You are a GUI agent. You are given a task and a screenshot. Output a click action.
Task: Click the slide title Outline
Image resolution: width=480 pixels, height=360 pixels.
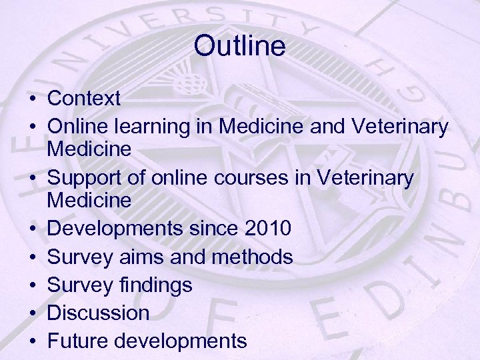click(240, 46)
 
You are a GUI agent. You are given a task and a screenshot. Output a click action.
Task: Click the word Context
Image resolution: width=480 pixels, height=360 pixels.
click(85, 99)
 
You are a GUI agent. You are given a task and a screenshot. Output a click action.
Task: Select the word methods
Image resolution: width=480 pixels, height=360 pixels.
click(254, 257)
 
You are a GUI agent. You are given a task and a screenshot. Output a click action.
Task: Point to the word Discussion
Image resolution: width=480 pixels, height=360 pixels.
click(99, 313)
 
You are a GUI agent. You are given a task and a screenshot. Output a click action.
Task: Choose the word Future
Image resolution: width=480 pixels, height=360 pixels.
click(79, 341)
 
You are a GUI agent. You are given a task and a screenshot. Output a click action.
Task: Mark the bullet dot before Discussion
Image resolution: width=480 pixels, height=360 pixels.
click(32, 313)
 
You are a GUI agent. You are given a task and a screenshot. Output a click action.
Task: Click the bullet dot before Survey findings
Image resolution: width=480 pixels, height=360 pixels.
click(32, 286)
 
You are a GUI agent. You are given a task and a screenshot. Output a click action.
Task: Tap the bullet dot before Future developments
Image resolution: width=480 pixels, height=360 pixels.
click(32, 341)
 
